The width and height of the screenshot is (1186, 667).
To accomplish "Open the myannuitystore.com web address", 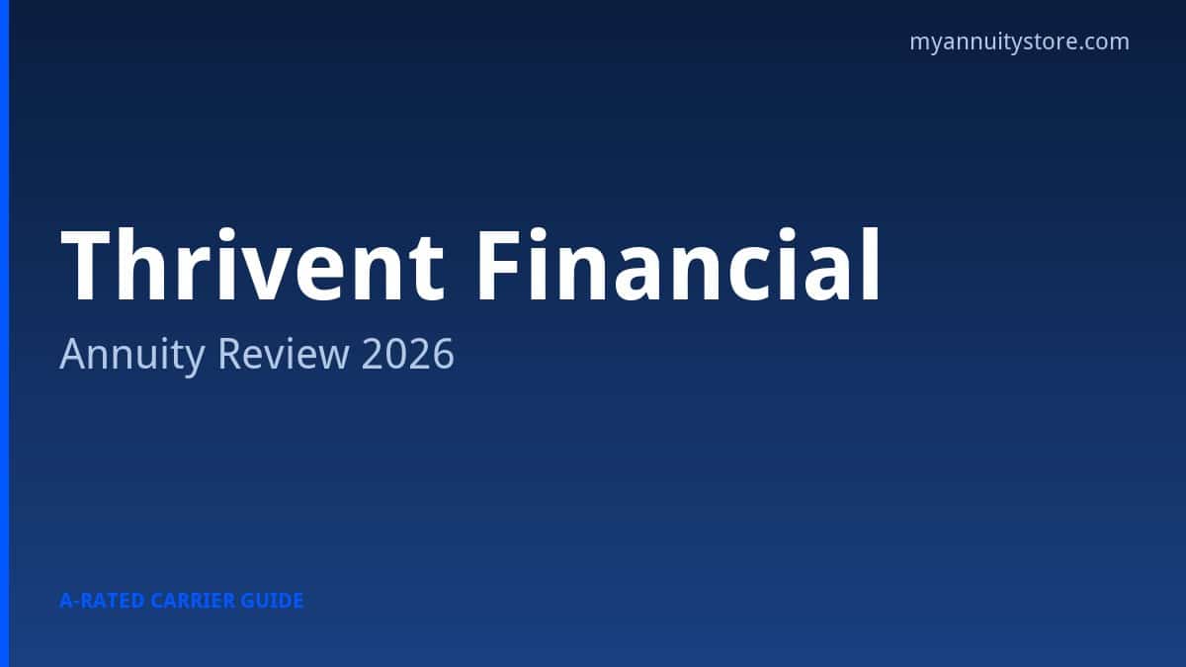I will (1019, 42).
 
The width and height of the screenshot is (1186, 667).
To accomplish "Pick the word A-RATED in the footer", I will (102, 600).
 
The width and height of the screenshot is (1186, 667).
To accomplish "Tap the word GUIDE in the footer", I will (273, 600).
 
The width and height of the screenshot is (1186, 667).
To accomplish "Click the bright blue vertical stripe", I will (4, 333).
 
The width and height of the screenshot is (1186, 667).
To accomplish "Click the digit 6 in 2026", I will (444, 354).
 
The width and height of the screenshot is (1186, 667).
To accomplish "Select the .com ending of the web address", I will (1104, 42).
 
